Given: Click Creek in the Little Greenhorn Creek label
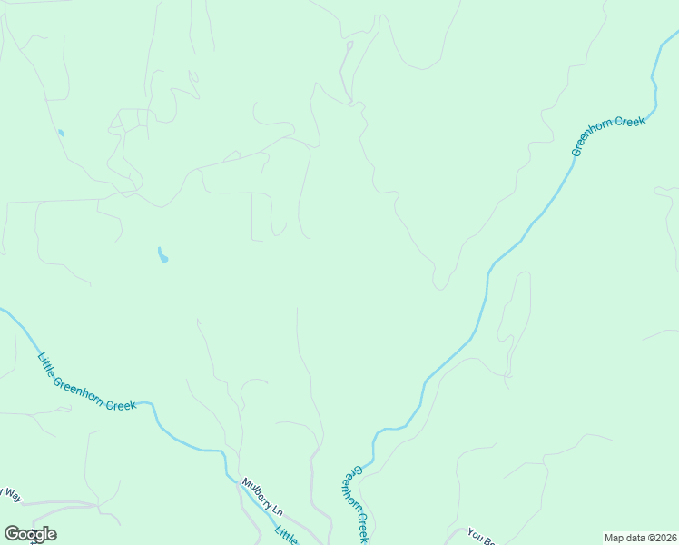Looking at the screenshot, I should pos(120,403).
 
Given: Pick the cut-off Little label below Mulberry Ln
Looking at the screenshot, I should pos(286,536).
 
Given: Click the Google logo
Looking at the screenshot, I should pos(30,534).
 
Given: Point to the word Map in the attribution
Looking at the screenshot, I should pos(615,538).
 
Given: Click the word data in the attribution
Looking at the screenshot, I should pos(636,538).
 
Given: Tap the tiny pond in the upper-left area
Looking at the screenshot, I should pos(61,134).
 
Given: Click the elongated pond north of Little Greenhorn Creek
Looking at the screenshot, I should pos(162,256).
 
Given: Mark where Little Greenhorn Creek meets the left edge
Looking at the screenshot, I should pos(2,310).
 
